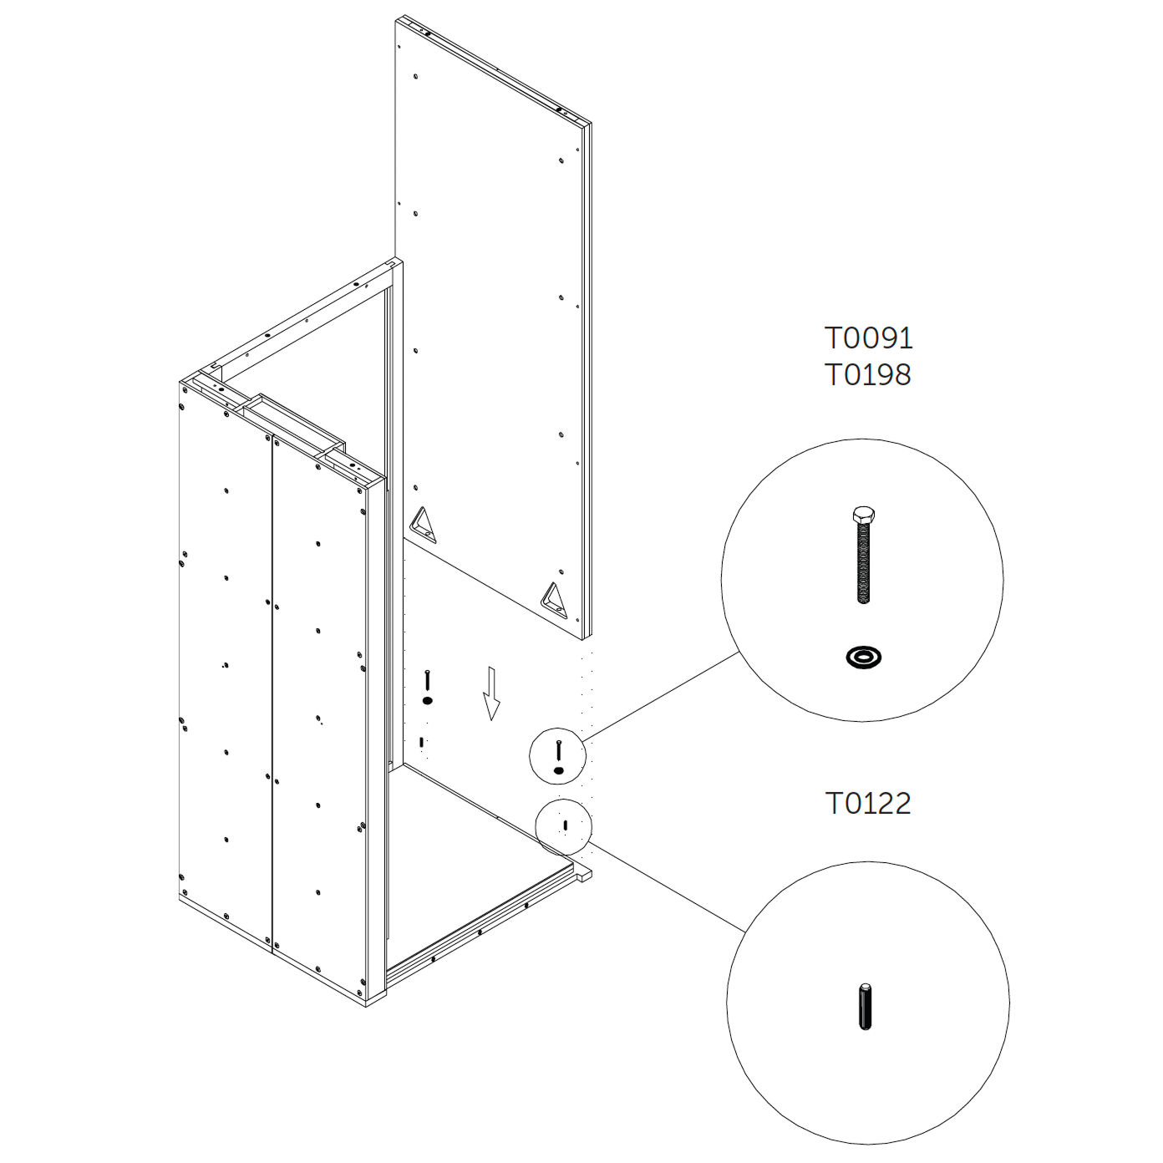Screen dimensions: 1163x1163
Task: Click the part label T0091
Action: [868, 338]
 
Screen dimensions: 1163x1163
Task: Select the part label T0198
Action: [867, 375]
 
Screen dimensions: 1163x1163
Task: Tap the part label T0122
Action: [867, 803]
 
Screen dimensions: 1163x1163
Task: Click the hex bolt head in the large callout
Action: [864, 515]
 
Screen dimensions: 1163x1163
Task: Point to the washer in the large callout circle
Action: [864, 656]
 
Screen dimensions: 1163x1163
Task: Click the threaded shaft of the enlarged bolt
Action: [864, 563]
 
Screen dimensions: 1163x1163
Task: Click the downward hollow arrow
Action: [492, 693]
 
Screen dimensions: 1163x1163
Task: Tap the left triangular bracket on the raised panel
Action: [424, 526]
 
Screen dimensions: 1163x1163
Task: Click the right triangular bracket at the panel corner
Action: [555, 601]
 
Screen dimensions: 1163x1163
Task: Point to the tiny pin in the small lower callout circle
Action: [565, 825]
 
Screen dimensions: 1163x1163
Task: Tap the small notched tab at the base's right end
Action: [584, 875]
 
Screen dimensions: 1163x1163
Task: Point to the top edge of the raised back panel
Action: [493, 69]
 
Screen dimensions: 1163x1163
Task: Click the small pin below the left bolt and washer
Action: [421, 742]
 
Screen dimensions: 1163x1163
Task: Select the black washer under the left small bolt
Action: [428, 701]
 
